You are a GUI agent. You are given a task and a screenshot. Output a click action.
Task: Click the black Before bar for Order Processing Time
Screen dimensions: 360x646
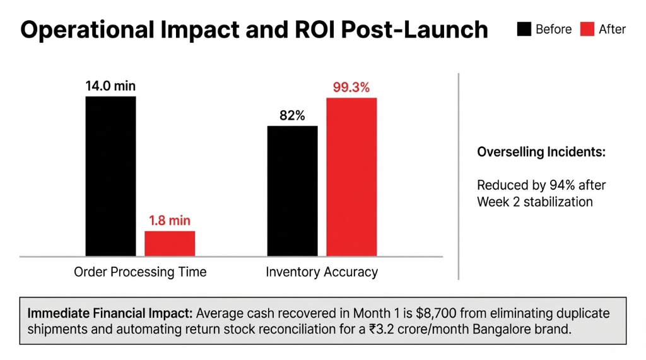(110, 176)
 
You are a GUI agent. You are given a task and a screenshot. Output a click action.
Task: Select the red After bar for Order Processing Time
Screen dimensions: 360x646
(170, 243)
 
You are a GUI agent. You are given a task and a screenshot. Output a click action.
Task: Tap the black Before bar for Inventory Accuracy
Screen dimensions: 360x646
(292, 191)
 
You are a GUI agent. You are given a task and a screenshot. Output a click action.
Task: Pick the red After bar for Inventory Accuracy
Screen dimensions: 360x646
(351, 177)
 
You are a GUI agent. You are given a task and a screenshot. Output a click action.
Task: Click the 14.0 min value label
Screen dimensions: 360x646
(110, 86)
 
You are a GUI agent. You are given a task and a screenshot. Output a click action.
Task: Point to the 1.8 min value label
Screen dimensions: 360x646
(170, 221)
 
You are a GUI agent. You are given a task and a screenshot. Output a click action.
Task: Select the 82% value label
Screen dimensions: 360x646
(292, 116)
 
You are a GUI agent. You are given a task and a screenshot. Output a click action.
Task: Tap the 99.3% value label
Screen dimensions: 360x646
(351, 88)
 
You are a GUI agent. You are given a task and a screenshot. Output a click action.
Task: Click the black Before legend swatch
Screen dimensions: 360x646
(524, 29)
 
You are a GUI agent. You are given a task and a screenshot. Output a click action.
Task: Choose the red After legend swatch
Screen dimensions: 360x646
(587, 29)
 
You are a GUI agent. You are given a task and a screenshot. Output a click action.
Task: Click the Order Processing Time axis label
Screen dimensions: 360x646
(140, 272)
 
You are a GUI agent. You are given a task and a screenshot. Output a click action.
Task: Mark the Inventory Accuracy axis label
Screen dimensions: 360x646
(322, 272)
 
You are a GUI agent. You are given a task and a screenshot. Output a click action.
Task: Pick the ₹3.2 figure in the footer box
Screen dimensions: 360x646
(370, 330)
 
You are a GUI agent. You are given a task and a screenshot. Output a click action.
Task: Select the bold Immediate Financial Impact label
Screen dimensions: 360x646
(110, 313)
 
